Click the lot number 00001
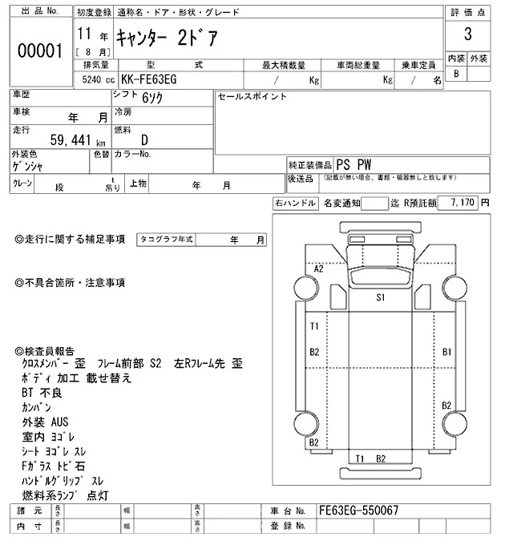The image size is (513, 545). (40, 50)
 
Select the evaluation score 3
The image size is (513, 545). (467, 36)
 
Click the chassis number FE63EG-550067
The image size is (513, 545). (358, 511)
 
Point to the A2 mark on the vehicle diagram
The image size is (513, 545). (318, 269)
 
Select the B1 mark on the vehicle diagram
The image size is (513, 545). (447, 352)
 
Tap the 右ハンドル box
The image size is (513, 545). (294, 204)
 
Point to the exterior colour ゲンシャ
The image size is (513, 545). (28, 166)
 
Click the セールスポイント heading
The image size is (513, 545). (252, 97)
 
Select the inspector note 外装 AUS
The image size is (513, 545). (45, 421)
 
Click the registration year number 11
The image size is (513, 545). (85, 35)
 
